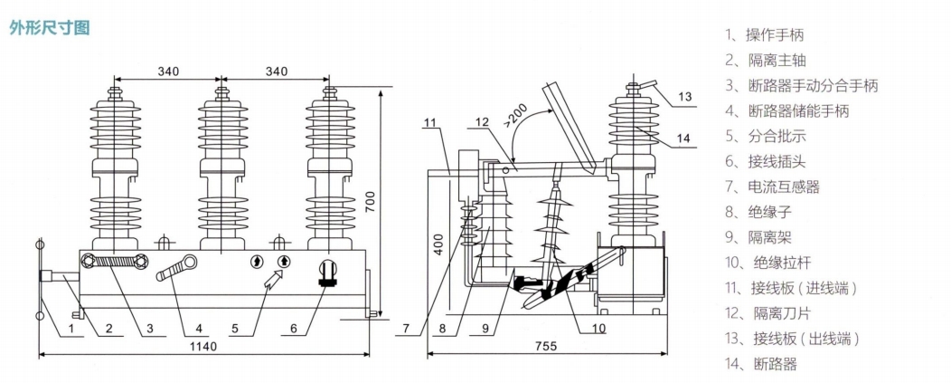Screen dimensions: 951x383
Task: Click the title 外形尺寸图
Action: (x=49, y=28)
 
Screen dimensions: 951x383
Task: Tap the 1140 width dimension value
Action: (x=204, y=346)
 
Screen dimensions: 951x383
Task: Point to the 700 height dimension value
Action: (x=371, y=201)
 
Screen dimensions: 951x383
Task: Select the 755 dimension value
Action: (x=547, y=346)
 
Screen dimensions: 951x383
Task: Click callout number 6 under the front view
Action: (x=294, y=329)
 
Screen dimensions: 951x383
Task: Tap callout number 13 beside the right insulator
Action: (x=684, y=96)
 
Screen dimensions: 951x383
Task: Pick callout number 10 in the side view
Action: (x=598, y=329)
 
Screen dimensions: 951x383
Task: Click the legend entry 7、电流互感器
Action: (x=772, y=187)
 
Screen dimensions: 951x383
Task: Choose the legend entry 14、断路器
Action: (x=760, y=364)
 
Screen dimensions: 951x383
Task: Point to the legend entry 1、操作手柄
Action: (x=764, y=35)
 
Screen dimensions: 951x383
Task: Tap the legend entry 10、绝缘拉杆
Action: (x=767, y=263)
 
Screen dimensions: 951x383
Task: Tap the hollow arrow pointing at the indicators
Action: (x=274, y=279)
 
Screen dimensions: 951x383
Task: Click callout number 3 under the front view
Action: (x=150, y=329)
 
